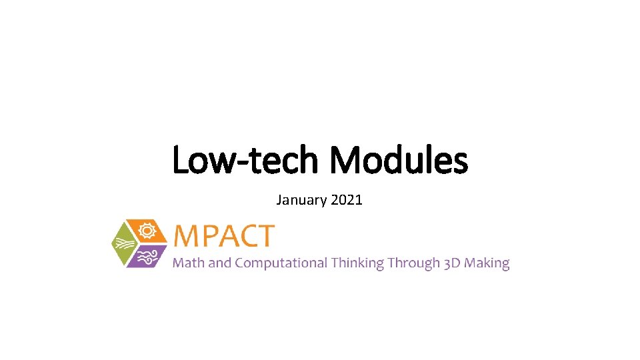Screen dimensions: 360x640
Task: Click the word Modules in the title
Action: tap(399, 161)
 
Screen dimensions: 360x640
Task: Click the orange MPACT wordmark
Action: tap(223, 236)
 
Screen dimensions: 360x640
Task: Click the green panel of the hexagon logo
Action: tap(125, 243)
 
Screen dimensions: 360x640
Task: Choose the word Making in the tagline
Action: tap(487, 263)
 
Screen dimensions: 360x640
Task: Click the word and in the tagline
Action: tap(219, 263)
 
